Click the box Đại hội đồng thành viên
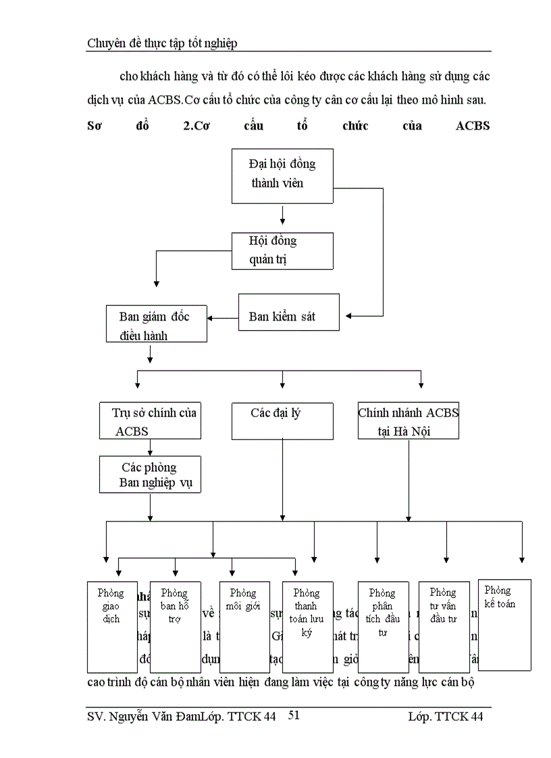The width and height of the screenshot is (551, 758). click(x=282, y=175)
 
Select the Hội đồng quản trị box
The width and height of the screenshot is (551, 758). click(x=282, y=250)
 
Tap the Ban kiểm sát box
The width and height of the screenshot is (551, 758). click(x=288, y=312)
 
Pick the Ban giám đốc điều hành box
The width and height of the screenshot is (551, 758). click(x=157, y=324)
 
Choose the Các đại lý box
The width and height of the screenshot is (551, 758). click(x=282, y=421)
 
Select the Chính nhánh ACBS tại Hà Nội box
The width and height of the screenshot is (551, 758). click(x=408, y=421)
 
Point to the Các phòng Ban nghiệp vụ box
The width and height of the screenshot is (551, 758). click(x=150, y=475)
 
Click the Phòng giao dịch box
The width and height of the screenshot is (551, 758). click(x=112, y=626)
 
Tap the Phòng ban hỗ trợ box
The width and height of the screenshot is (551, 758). click(x=175, y=626)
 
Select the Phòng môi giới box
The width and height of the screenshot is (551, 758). click(x=244, y=626)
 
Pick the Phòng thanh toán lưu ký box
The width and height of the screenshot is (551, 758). click(x=307, y=626)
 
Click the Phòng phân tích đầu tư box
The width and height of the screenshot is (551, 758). click(x=383, y=626)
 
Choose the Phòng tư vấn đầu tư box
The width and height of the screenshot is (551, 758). click(x=444, y=626)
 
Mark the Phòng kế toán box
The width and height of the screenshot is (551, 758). click(x=504, y=624)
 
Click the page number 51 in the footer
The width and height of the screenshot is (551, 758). click(x=294, y=715)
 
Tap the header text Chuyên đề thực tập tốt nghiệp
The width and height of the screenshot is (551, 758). click(x=162, y=43)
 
